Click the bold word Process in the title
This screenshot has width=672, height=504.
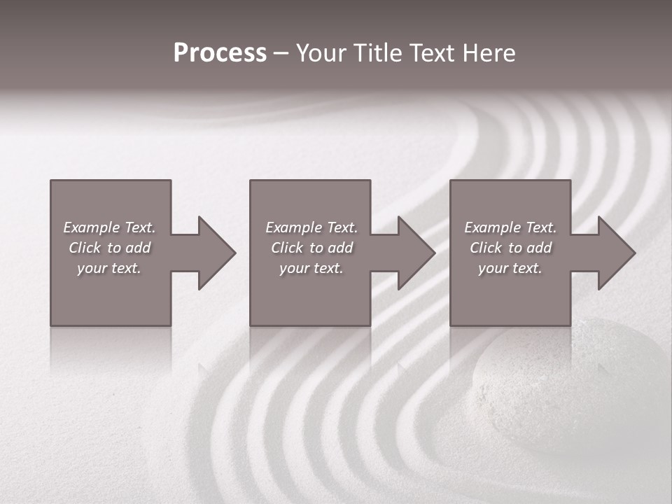point(220,53)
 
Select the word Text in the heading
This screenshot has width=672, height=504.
point(430,53)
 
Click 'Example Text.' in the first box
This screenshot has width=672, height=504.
point(109,227)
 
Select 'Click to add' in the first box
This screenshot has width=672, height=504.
point(109,248)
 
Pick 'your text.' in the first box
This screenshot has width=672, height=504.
point(109,268)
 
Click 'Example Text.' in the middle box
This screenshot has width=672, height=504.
point(311,227)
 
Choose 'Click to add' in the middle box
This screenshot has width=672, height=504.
point(311,248)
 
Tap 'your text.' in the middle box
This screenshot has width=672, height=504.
point(311,268)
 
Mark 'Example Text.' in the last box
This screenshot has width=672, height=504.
point(510,227)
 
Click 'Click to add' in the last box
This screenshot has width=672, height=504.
point(510,248)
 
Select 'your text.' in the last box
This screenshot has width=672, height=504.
point(510,268)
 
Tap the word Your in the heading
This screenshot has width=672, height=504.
point(322,53)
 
